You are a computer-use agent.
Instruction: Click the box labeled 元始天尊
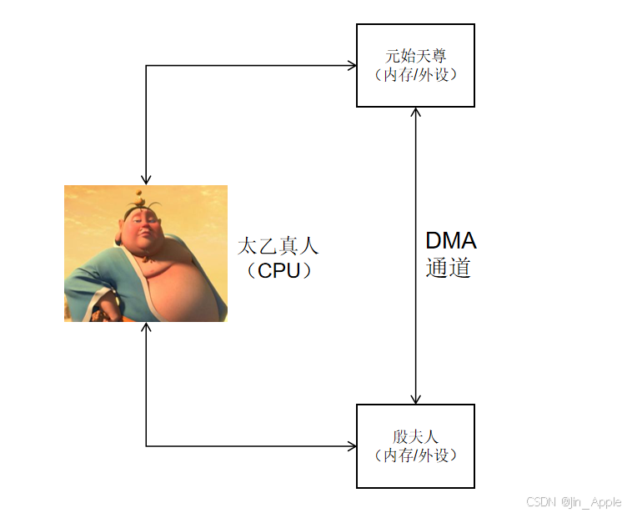pos(415,65)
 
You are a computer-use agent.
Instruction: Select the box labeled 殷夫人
pos(415,445)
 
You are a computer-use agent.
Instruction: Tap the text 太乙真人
pos(278,247)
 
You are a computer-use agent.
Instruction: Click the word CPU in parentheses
pos(278,271)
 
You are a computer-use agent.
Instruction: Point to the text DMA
pos(450,241)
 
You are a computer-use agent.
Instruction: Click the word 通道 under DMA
pos(449,268)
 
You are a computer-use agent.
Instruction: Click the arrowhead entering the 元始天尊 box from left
pos(352,65)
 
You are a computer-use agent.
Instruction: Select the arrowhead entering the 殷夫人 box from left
pos(352,446)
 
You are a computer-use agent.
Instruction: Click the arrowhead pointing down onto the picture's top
pos(146,179)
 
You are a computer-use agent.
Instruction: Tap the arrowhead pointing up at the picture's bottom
pos(146,327)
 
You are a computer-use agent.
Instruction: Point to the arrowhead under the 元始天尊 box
pos(415,113)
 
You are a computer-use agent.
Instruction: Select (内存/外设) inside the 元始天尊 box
pos(415,74)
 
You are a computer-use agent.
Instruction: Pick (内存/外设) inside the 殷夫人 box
pos(415,455)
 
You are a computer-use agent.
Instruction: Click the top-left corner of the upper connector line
pos(146,65)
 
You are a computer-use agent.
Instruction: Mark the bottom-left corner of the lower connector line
pos(146,446)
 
